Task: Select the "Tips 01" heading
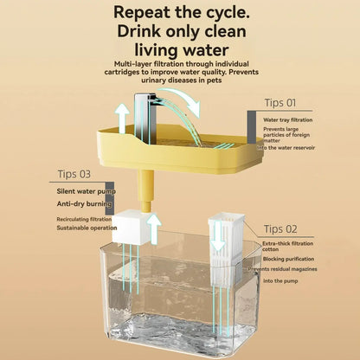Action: (280, 102)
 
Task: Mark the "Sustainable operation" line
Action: (87, 228)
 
